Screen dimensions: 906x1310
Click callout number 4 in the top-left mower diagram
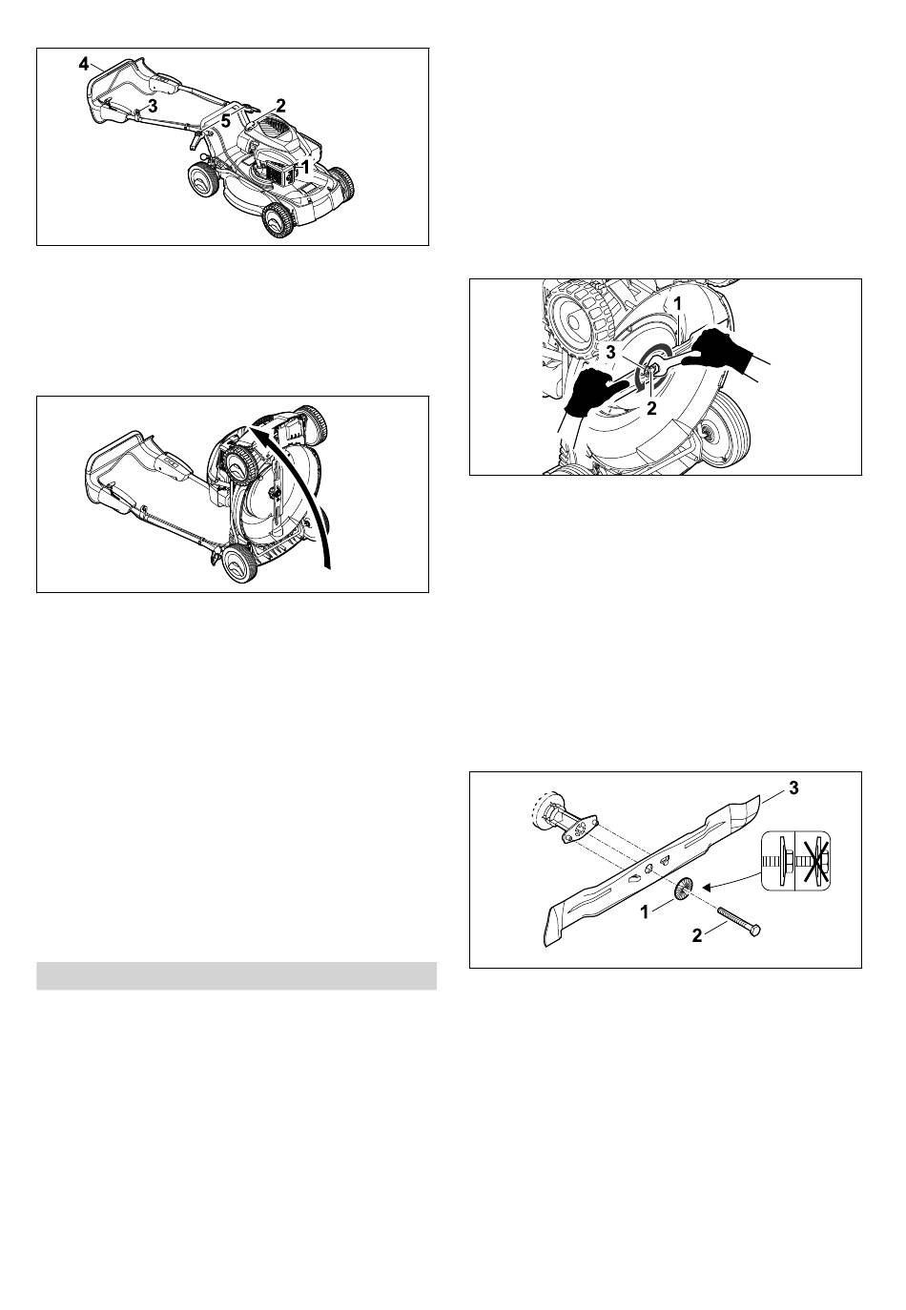point(84,64)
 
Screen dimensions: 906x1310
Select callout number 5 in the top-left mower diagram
point(226,122)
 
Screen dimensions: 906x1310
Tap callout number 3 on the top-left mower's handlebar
point(153,106)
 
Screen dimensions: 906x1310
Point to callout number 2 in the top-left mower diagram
point(280,106)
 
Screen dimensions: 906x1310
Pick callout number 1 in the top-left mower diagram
point(305,168)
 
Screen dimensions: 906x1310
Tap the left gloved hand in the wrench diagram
point(593,391)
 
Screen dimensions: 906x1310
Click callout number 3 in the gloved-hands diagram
point(610,353)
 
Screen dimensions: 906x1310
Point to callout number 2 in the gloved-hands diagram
point(651,408)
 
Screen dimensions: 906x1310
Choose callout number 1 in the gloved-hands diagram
point(678,304)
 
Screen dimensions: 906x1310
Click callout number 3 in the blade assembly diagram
point(793,788)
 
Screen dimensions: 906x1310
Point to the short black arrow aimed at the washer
point(731,881)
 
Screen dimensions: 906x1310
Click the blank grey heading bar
point(237,975)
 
